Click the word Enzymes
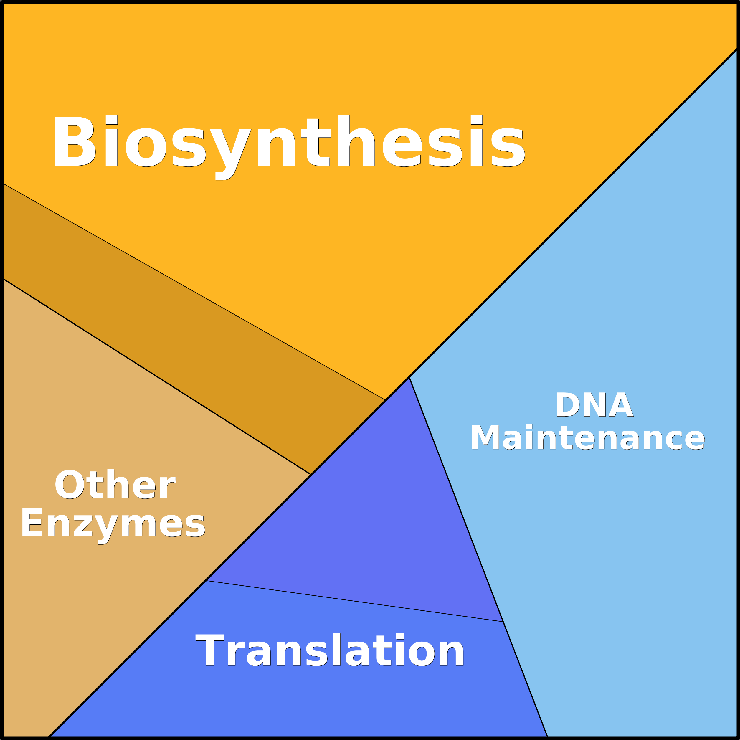[x=113, y=526]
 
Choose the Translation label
[x=330, y=650]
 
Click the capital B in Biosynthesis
[x=75, y=141]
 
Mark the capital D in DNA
[x=568, y=404]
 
